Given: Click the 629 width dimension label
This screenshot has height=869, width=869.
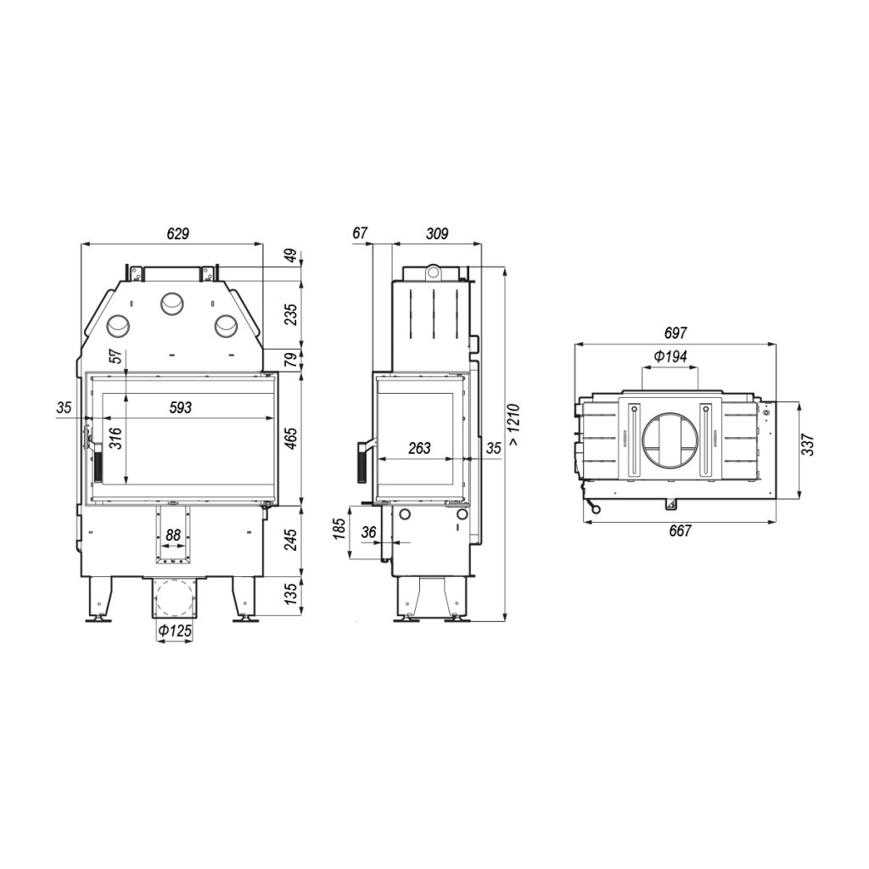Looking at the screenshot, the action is click(x=178, y=233).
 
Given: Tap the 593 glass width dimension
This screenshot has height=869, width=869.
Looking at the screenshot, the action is click(x=180, y=407).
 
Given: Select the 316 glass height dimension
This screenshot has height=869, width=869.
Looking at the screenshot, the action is click(x=115, y=439).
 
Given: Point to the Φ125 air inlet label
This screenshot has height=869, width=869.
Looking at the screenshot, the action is click(x=175, y=631).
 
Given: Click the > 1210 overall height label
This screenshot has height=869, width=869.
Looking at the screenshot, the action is click(x=513, y=424).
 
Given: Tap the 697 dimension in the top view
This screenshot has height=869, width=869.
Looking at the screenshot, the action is click(x=675, y=333).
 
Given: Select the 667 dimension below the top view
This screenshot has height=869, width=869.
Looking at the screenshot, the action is click(x=680, y=530).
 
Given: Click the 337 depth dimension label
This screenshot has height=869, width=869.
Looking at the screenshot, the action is click(x=808, y=445).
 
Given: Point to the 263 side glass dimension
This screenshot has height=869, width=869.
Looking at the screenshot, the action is click(x=419, y=448).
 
